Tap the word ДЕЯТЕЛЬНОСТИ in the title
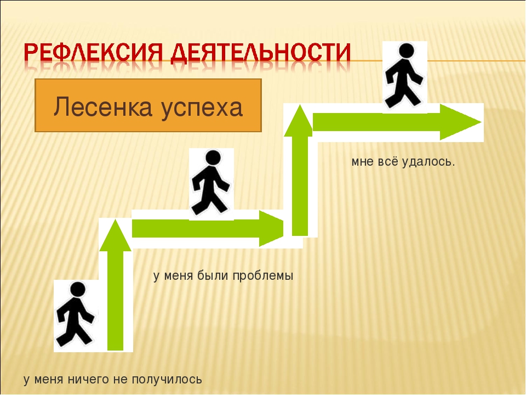pos(261,53)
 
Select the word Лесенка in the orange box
pos(102,106)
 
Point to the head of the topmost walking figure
pos(406,50)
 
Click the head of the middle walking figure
pos(213,157)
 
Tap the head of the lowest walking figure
pos(78,290)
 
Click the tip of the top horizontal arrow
pos(482,122)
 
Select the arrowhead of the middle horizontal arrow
pos(271,228)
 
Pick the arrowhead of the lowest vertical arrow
pos(116,236)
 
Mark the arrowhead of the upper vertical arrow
pos(299,121)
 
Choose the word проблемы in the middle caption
pos(262,276)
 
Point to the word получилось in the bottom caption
pos(167,380)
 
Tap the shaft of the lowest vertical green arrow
pos(116,301)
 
